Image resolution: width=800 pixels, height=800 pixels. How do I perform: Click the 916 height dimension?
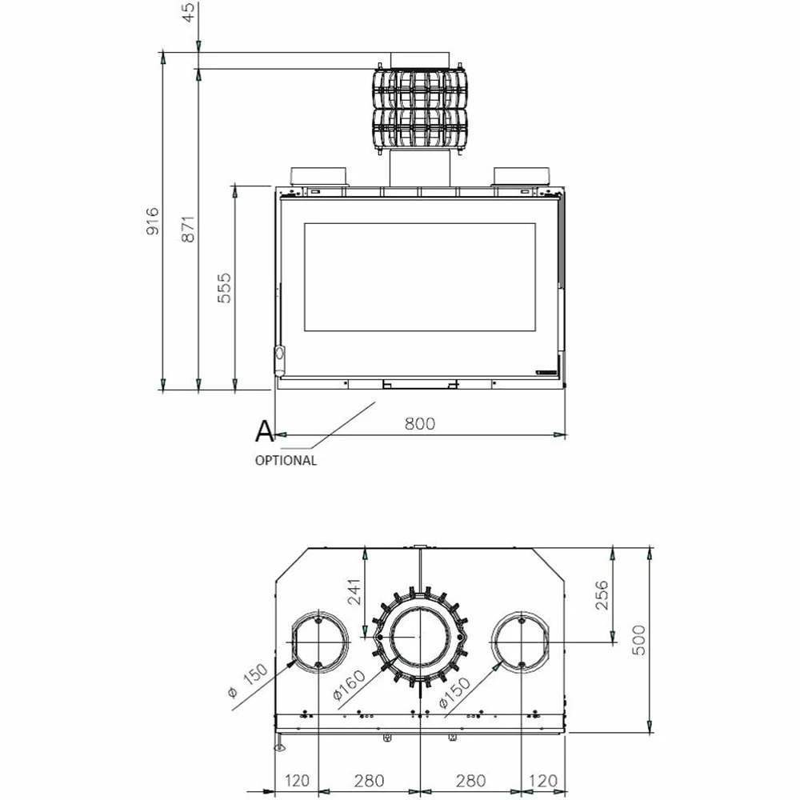153,221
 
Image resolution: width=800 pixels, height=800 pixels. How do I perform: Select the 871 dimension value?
188,229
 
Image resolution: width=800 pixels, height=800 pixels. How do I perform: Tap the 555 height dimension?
224,288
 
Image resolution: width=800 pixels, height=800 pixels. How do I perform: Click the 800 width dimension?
420,423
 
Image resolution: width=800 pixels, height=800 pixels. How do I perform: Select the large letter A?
264,431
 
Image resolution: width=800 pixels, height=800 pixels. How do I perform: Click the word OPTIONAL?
286,460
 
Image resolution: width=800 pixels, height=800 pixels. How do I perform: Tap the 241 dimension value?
353,591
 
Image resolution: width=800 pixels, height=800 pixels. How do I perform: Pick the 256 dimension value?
602,594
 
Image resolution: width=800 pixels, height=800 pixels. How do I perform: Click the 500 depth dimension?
638,640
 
